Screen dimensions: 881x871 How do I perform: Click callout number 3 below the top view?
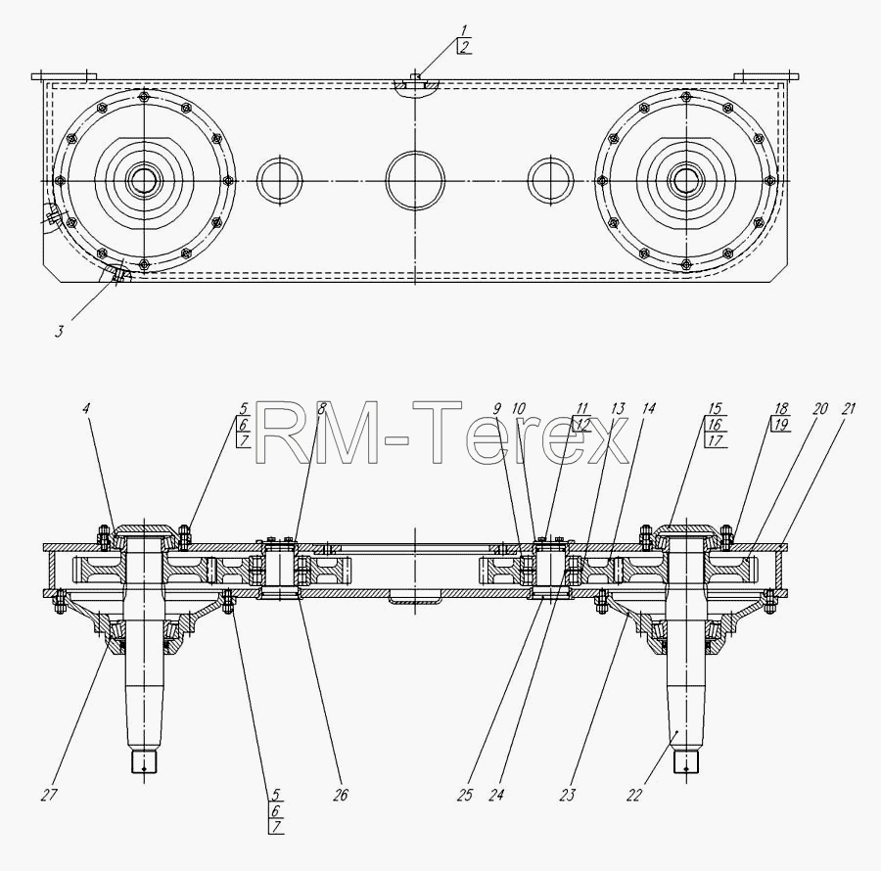(x=59, y=332)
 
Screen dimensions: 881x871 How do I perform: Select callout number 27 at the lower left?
(x=49, y=796)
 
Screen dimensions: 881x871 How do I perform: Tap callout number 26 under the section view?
(x=340, y=796)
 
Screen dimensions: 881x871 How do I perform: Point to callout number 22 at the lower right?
(x=633, y=796)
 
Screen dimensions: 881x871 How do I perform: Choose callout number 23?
(x=568, y=796)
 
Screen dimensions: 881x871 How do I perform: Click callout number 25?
(x=465, y=796)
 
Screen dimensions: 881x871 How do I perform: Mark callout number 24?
(x=496, y=796)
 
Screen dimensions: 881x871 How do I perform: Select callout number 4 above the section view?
(x=85, y=408)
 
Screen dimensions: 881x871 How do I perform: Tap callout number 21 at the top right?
(x=848, y=408)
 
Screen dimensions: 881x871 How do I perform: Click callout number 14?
(x=648, y=408)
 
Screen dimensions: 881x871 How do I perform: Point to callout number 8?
(x=321, y=408)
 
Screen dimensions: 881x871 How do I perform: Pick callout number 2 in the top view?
(x=465, y=47)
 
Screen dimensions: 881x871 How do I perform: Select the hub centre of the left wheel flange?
(x=145, y=180)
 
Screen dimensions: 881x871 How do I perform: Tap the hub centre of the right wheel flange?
(x=685, y=180)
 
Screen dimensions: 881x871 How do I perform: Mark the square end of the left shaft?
(x=145, y=762)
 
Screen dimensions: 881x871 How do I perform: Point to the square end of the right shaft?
(x=685, y=762)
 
